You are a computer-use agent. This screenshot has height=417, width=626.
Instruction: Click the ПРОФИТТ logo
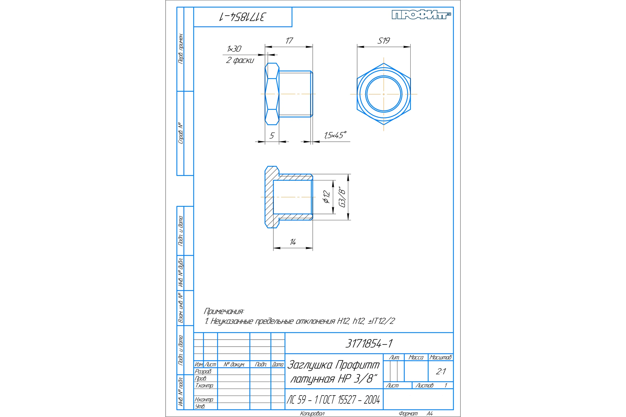421,15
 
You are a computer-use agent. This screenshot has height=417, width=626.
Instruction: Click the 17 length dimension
289,41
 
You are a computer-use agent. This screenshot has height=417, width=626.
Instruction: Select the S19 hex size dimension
383,41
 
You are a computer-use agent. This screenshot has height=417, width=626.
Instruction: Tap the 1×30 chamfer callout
234,49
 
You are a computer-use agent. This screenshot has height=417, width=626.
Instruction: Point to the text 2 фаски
240,60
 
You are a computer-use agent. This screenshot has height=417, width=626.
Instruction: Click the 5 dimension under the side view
272,136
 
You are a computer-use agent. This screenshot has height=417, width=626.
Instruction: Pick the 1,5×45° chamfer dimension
335,135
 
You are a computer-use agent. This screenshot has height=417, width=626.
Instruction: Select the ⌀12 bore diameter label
327,197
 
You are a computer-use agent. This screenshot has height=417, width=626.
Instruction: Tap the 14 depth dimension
293,242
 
